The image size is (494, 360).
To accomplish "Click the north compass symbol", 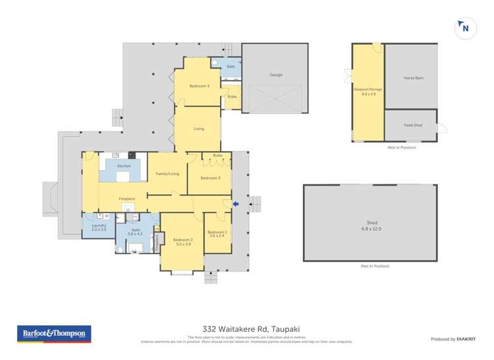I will [x=465, y=28].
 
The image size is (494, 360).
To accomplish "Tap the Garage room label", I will [x=276, y=75].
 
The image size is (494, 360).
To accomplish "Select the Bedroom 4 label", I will [x=200, y=86].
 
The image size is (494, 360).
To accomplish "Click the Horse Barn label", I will [x=414, y=78].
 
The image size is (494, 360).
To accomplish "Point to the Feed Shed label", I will [x=413, y=125].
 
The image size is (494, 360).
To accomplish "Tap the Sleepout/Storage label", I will [x=368, y=91].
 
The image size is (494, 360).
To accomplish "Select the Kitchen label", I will [x=124, y=166].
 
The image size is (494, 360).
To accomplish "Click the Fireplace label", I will [x=126, y=198].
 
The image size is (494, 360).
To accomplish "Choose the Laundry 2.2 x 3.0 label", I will [x=98, y=227].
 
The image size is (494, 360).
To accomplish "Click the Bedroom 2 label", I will [x=182, y=242].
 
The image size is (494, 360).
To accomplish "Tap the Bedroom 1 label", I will [x=217, y=234].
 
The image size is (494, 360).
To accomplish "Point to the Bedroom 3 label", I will [x=209, y=178].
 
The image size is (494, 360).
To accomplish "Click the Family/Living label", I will [x=167, y=174].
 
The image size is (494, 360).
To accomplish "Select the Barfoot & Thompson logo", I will [x=53, y=334].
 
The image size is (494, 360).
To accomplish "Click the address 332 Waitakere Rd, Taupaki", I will [x=247, y=329].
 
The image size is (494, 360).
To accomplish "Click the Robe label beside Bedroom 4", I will [x=232, y=97].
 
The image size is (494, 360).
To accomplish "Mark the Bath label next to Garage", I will [x=231, y=66].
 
